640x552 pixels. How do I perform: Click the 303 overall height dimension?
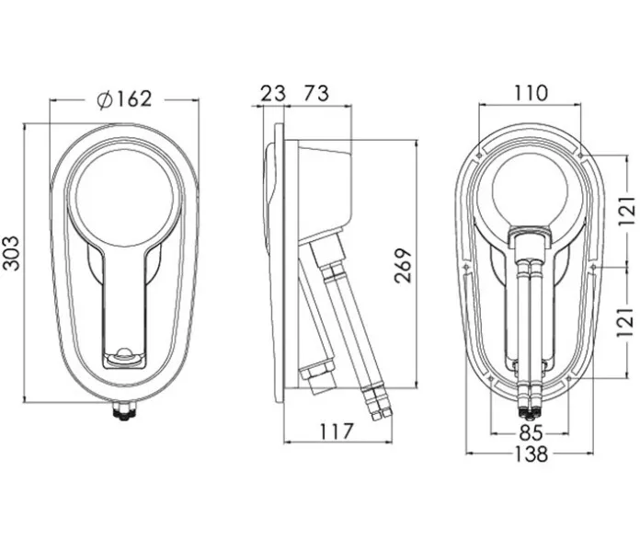tap(10, 253)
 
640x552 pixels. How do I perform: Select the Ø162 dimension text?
tap(124, 99)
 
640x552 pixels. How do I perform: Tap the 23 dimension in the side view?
tap(273, 93)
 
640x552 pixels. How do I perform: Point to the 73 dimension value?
tap(316, 93)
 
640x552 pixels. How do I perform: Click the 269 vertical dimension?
tap(403, 265)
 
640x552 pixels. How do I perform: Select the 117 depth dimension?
tap(336, 431)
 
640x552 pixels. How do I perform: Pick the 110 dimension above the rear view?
tap(530, 93)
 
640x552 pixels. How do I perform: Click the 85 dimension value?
tap(531, 432)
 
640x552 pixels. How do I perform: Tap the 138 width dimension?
tap(531, 454)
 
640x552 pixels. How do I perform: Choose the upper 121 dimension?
tap(627, 211)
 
